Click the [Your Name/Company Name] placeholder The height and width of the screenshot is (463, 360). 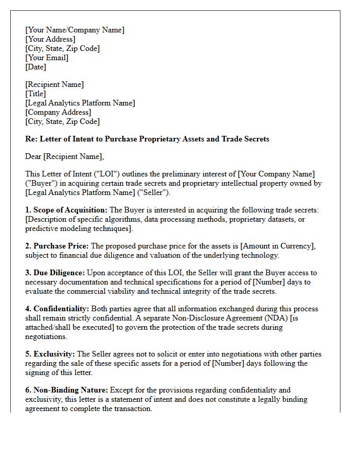(75, 30)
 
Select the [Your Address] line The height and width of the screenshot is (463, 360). (50, 39)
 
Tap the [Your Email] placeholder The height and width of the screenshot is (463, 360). (47, 58)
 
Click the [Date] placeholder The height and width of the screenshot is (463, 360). (35, 67)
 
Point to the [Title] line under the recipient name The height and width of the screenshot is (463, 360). (35, 94)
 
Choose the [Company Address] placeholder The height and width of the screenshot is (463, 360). (58, 112)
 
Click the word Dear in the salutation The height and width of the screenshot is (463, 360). (34, 156)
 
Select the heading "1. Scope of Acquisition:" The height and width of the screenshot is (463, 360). (66, 210)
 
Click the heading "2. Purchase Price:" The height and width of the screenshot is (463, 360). (57, 246)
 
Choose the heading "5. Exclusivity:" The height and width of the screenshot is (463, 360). (50, 354)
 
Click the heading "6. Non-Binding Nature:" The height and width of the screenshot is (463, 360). (66, 390)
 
